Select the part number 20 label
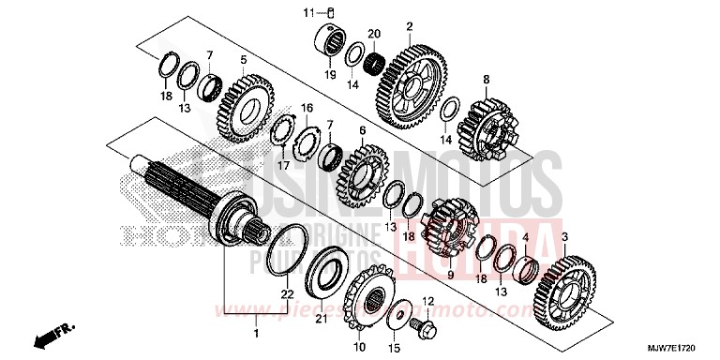[374, 35]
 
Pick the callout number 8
[487, 79]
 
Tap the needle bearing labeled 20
[376, 63]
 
